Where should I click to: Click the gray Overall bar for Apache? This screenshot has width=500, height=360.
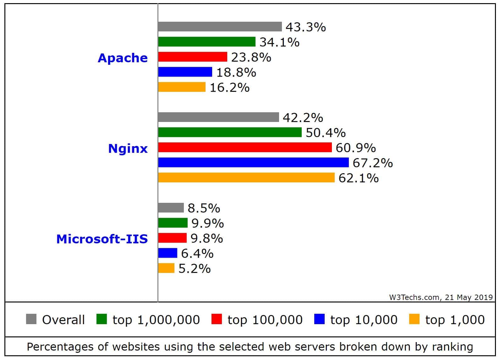(220, 27)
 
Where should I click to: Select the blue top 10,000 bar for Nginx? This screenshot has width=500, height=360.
(253, 163)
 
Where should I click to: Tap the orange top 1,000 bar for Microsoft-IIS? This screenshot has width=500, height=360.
(166, 268)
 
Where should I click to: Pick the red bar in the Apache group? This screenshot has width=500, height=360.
(192, 57)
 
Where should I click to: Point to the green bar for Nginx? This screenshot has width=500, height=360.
(230, 132)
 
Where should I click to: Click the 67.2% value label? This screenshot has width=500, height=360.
(372, 163)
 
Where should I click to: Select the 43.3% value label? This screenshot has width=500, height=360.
(305, 27)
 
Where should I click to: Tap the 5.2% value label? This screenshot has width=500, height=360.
(195, 269)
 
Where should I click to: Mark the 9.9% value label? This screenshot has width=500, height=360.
(207, 223)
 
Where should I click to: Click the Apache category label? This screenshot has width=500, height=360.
(123, 58)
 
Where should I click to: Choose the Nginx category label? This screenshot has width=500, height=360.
(128, 148)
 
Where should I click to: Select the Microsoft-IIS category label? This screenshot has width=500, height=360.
(102, 239)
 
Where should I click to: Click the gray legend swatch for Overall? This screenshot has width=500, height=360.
(31, 319)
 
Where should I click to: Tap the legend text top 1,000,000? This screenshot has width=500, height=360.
(156, 320)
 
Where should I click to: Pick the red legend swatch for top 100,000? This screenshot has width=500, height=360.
(217, 319)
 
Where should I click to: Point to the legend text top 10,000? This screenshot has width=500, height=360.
(364, 320)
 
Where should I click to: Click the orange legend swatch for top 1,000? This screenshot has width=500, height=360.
(414, 319)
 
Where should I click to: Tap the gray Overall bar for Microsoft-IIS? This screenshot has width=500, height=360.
(171, 208)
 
